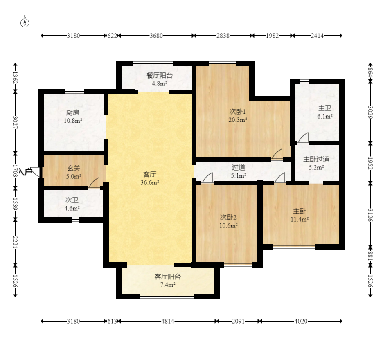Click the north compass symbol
pyautogui.click(x=25, y=23)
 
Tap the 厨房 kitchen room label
pyautogui.click(x=73, y=112)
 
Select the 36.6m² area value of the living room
pyautogui.click(x=150, y=182)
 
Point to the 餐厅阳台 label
pyautogui.click(x=160, y=75)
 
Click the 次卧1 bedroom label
pyautogui.click(x=237, y=112)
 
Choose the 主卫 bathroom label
pyautogui.click(x=324, y=108)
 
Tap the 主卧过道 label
pyautogui.click(x=316, y=159)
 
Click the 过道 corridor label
pyautogui.click(x=239, y=167)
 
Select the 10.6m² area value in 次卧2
pyautogui.click(x=228, y=225)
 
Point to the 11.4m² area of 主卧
pyautogui.click(x=300, y=219)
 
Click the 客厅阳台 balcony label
pyautogui.click(x=168, y=277)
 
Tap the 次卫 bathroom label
pyautogui.click(x=72, y=200)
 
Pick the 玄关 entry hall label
pyautogui.click(x=74, y=168)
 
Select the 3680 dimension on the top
pyautogui.click(x=156, y=36)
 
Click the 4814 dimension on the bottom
pyautogui.click(x=168, y=321)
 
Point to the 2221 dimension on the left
pyautogui.click(x=15, y=242)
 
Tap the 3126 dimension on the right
pyautogui.click(x=370, y=215)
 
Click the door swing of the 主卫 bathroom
pyautogui.click(x=303, y=137)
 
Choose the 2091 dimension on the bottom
pyautogui.click(x=238, y=321)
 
